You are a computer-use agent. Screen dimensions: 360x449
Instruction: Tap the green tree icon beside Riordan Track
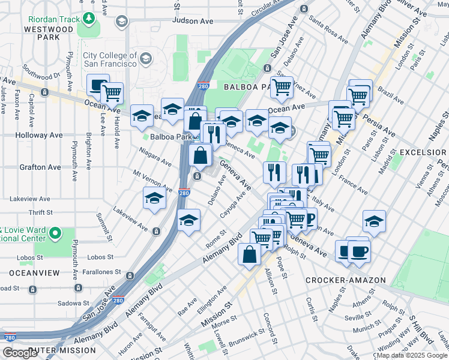point(89,19)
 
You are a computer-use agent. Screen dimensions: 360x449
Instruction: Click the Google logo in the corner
point(20,353)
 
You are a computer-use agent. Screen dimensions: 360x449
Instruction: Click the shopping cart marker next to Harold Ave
point(112,93)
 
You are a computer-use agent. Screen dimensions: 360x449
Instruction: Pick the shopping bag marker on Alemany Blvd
point(249,254)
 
